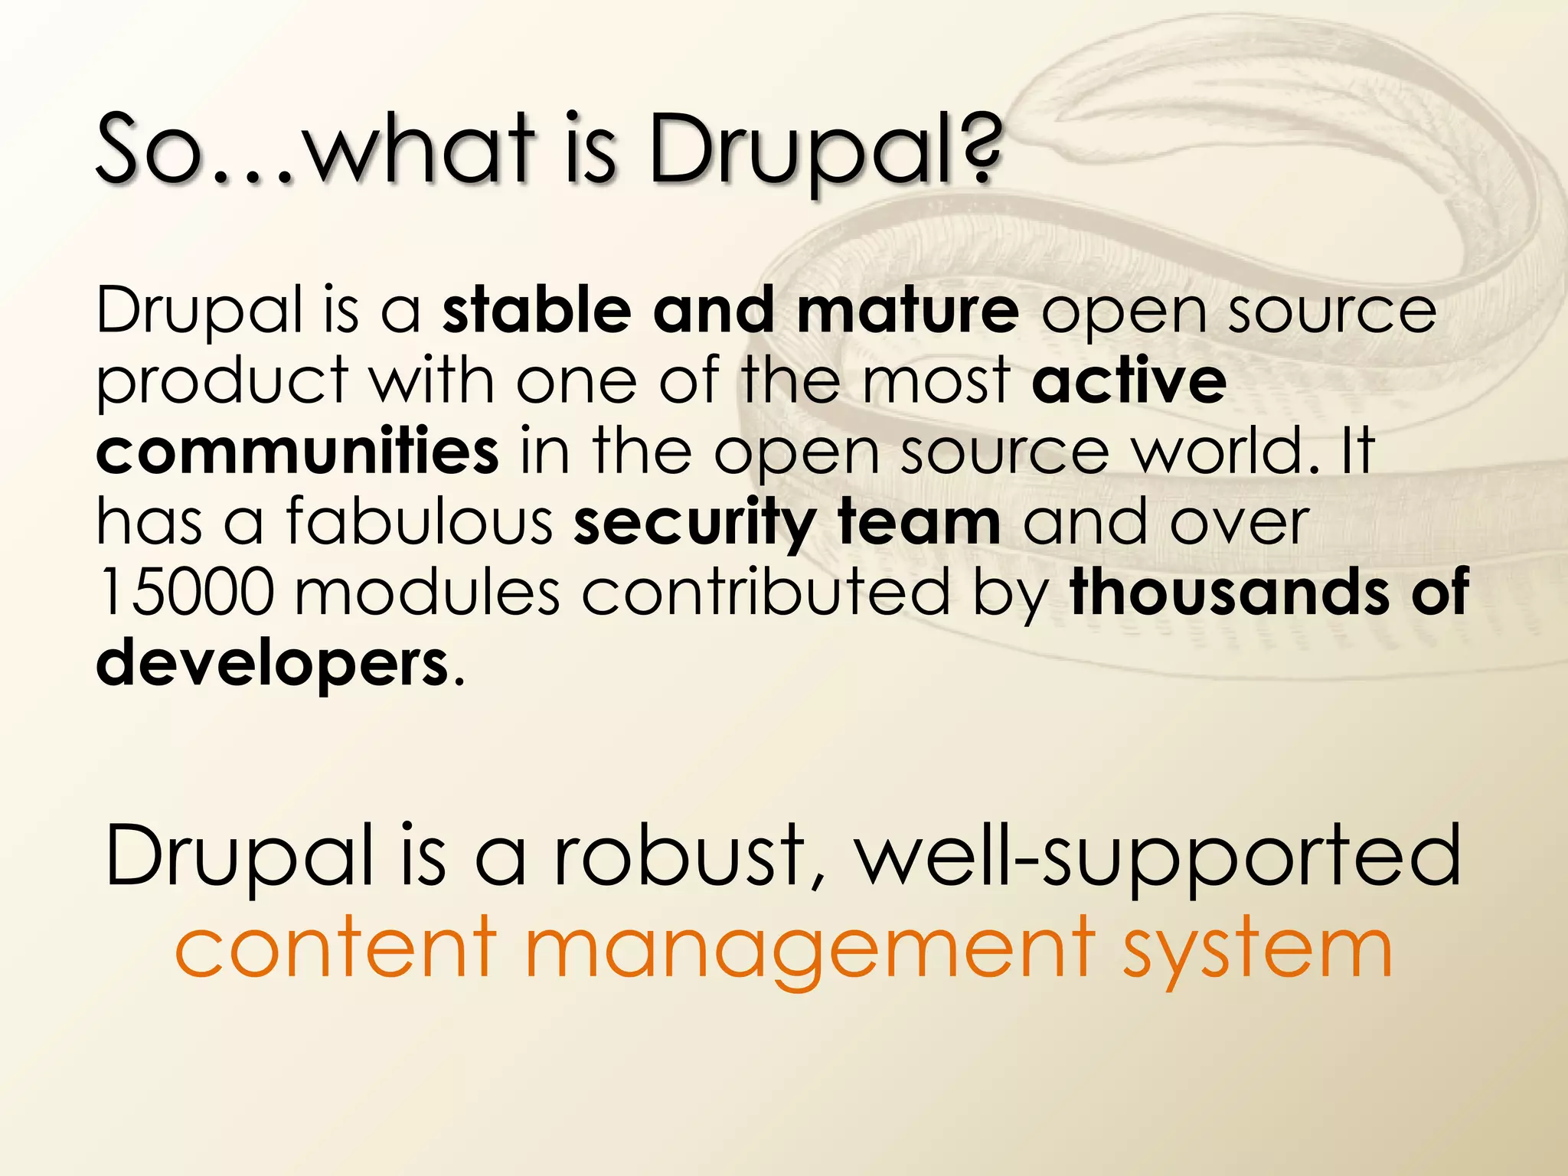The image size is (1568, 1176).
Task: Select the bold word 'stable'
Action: [x=537, y=310]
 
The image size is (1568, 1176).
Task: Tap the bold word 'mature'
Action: [x=907, y=310]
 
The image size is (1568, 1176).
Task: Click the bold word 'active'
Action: [x=1129, y=381]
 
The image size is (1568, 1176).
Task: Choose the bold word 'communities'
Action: [x=297, y=451]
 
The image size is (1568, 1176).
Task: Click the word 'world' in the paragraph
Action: [x=1224, y=451]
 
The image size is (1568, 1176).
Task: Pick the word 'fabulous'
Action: [x=420, y=521]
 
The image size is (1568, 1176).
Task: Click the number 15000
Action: [x=185, y=592]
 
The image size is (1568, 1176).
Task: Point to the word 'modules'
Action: [x=427, y=592]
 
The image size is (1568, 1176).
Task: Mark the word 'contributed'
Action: [x=766, y=592]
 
